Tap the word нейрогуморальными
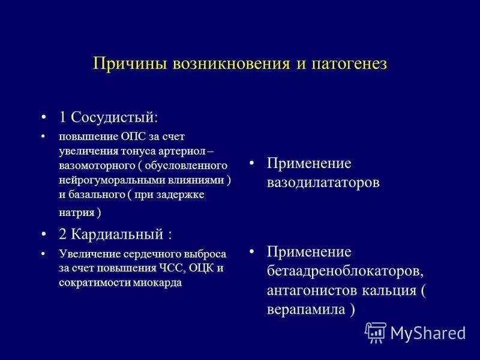click(111, 180)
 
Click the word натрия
click(76, 212)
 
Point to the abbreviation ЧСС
click(171, 268)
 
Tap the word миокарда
click(160, 282)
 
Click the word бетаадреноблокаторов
click(344, 271)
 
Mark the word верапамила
click(307, 310)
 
